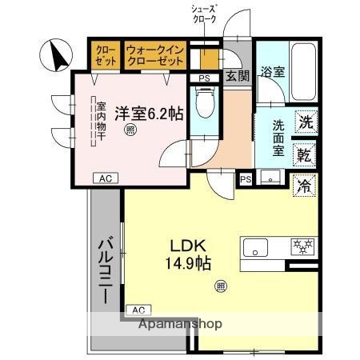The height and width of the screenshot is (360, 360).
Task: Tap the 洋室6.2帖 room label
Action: tap(148, 113)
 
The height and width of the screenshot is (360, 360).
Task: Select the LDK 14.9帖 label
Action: tap(188, 253)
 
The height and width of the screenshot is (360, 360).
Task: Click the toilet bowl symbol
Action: tap(206, 102)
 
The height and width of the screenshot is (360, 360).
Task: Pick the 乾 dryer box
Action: tap(305, 154)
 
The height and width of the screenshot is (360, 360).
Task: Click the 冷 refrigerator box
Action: tap(305, 185)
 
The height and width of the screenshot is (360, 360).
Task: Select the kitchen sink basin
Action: tap(256, 247)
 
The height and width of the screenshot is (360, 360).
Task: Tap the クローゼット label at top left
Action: tap(106, 55)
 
